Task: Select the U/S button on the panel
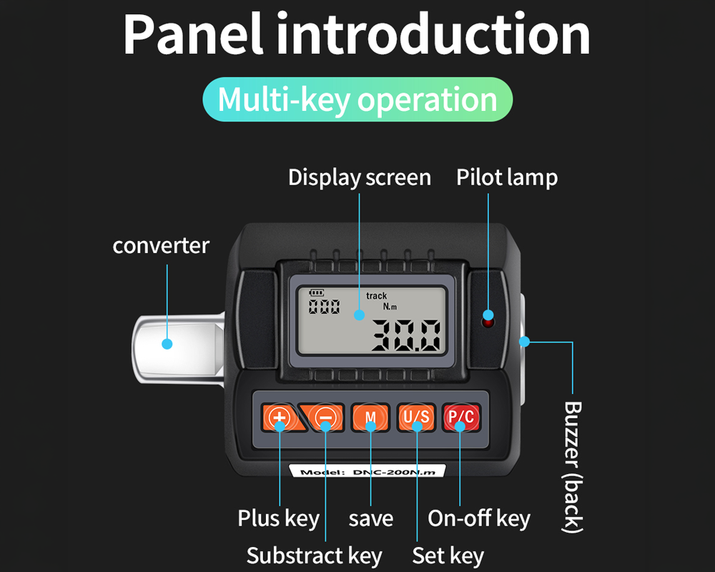(415, 418)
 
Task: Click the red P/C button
(460, 418)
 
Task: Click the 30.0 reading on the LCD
(405, 335)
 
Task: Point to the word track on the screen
(376, 296)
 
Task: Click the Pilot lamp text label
(507, 177)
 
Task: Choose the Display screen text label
(360, 177)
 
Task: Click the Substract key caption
(315, 556)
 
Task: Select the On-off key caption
(479, 518)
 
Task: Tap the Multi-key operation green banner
(357, 99)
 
